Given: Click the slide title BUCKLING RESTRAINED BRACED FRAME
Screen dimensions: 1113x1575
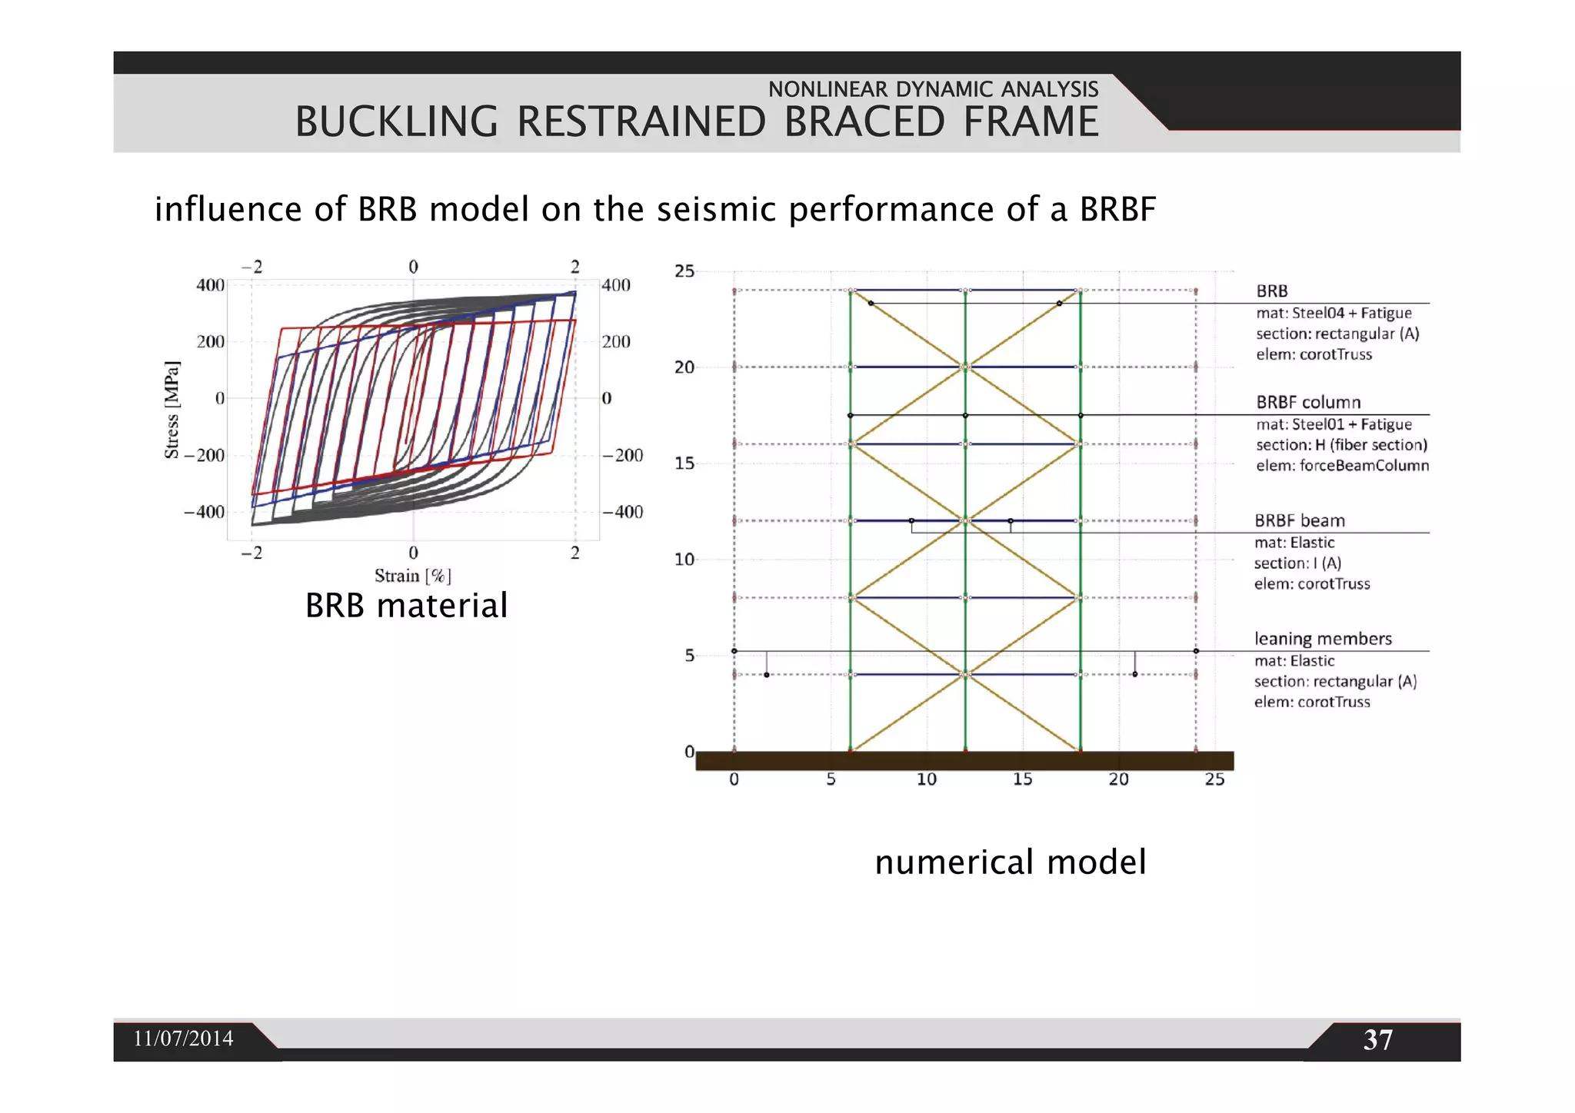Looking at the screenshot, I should tap(697, 122).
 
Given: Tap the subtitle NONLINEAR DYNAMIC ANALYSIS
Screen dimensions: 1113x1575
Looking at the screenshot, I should tap(933, 89).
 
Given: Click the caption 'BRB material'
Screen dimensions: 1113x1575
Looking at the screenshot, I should tap(406, 606).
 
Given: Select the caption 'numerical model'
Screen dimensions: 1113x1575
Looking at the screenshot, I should tap(1010, 862).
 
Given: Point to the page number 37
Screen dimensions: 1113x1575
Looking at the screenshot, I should tap(1377, 1040).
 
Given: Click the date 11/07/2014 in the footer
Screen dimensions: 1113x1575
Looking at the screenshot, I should tap(183, 1038).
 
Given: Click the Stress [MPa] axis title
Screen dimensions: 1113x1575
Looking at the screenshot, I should tap(171, 410).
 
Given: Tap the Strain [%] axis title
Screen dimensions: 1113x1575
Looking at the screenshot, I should tap(412, 576).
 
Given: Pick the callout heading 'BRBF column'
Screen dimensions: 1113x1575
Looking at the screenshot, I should tap(1308, 402).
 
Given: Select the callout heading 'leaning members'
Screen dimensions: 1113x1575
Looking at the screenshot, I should tap(1323, 639).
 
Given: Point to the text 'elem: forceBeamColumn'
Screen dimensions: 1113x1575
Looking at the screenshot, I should tap(1342, 465).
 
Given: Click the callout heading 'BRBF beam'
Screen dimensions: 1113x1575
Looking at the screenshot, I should tap(1300, 520).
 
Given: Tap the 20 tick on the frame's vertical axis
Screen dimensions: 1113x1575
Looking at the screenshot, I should tap(684, 367).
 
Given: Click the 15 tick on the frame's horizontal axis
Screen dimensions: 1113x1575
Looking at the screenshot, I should tap(1022, 779).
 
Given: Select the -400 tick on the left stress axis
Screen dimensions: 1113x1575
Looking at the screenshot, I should tap(204, 512).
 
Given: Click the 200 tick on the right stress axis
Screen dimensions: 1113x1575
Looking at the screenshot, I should tap(616, 342).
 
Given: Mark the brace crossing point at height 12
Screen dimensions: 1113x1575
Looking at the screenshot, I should tap(965, 520).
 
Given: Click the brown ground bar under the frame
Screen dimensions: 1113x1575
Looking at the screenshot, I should tap(964, 761).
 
